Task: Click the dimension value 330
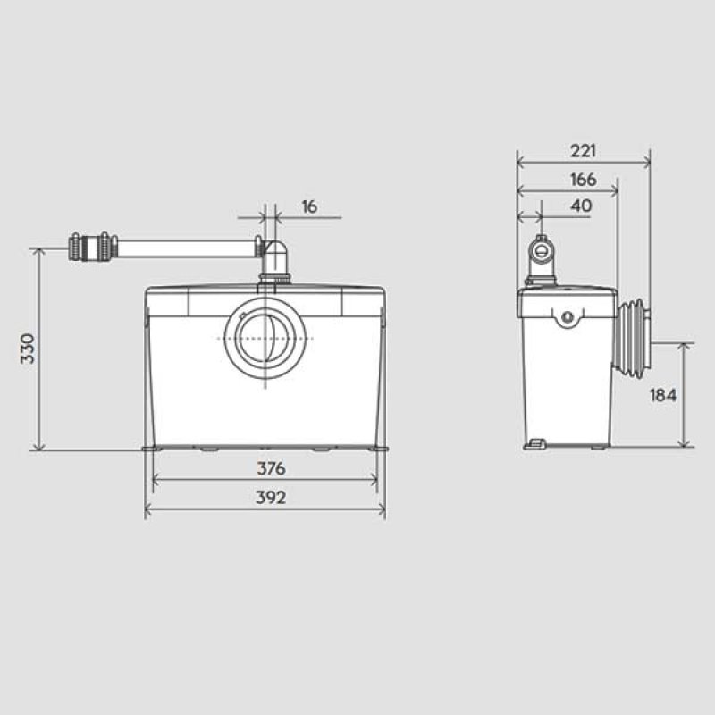coord(27,348)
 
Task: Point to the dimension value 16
coord(309,206)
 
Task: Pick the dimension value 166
coord(583,179)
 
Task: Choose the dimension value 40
coord(581,205)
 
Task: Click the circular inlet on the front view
coord(266,339)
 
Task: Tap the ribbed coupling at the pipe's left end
coord(92,246)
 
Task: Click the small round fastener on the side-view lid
coord(566,315)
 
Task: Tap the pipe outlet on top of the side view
coord(541,252)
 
